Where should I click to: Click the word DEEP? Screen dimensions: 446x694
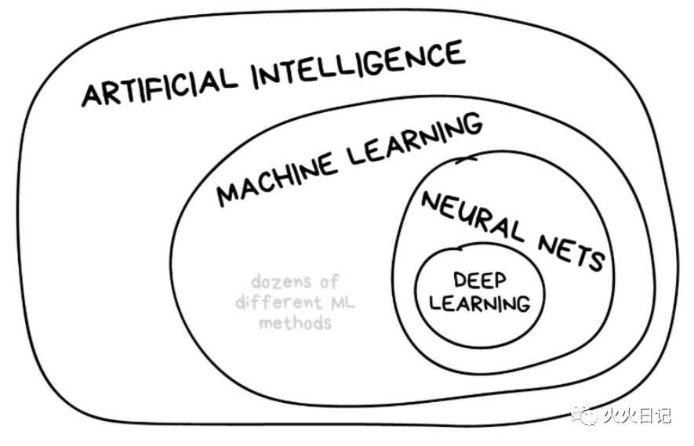478,281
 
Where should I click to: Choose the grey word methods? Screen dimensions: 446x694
296,323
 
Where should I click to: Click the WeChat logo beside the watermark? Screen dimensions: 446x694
585,414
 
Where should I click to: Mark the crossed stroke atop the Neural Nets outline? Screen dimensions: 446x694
466,160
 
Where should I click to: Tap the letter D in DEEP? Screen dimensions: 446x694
458,281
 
